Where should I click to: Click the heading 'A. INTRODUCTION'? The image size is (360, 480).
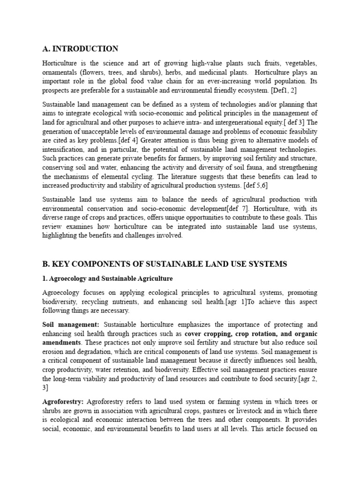click(80, 49)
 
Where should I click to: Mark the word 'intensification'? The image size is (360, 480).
click(65, 150)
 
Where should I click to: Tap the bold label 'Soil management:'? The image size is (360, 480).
click(71, 324)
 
